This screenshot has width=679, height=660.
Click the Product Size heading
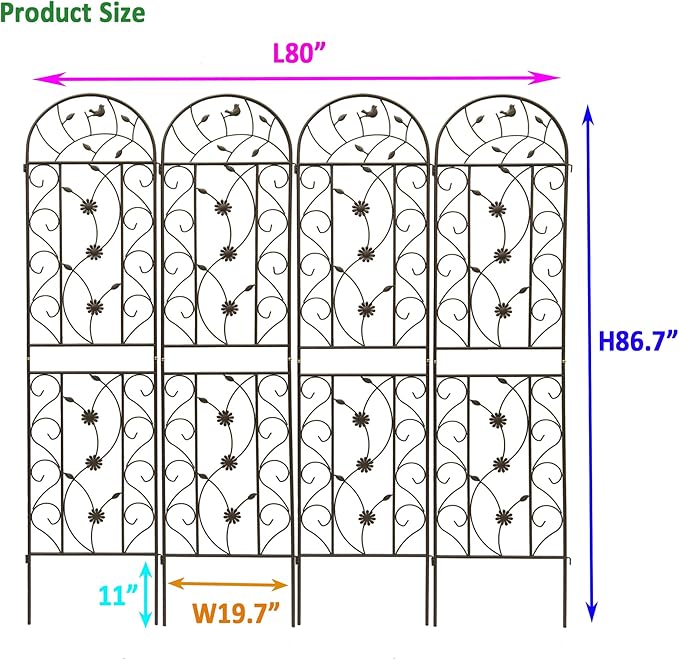[x=73, y=13]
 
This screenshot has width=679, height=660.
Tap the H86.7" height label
[x=638, y=341]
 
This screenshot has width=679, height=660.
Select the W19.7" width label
[x=230, y=609]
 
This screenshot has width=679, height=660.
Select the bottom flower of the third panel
[x=367, y=517]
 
